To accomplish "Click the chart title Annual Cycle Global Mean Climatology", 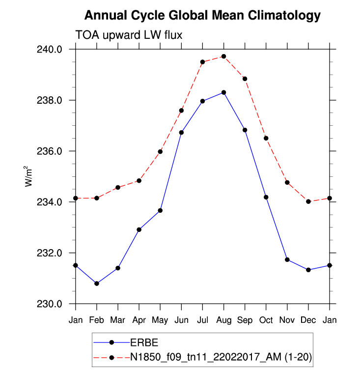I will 202,16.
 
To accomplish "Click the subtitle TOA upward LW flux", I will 129,35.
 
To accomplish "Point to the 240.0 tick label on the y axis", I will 51,49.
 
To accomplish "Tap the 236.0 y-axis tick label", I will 51,151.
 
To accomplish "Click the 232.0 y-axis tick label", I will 51,253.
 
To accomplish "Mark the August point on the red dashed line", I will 224,57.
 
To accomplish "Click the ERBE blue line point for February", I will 97,284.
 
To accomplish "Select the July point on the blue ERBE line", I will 202,101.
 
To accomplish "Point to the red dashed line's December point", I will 308,201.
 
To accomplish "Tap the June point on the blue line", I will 181,132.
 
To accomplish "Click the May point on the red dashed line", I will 160,151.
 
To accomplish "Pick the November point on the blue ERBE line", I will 287,259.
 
